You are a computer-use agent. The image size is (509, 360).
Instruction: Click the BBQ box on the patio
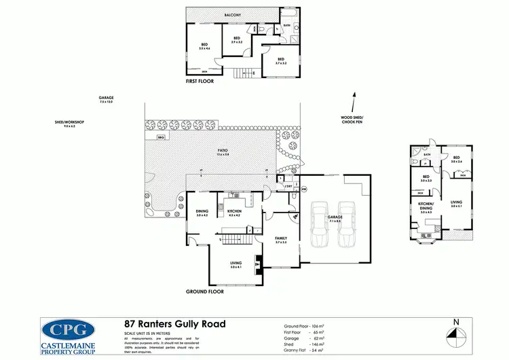point(161,137)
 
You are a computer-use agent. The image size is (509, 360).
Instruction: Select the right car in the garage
point(347,223)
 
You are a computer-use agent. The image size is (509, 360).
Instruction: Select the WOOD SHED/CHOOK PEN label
point(352,120)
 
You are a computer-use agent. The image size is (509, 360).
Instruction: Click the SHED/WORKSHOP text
point(69,124)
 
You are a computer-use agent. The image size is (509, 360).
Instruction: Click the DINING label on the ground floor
point(202,212)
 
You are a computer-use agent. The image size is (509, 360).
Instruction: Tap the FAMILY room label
point(281,240)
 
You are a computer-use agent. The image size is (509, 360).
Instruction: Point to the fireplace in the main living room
point(257,264)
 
